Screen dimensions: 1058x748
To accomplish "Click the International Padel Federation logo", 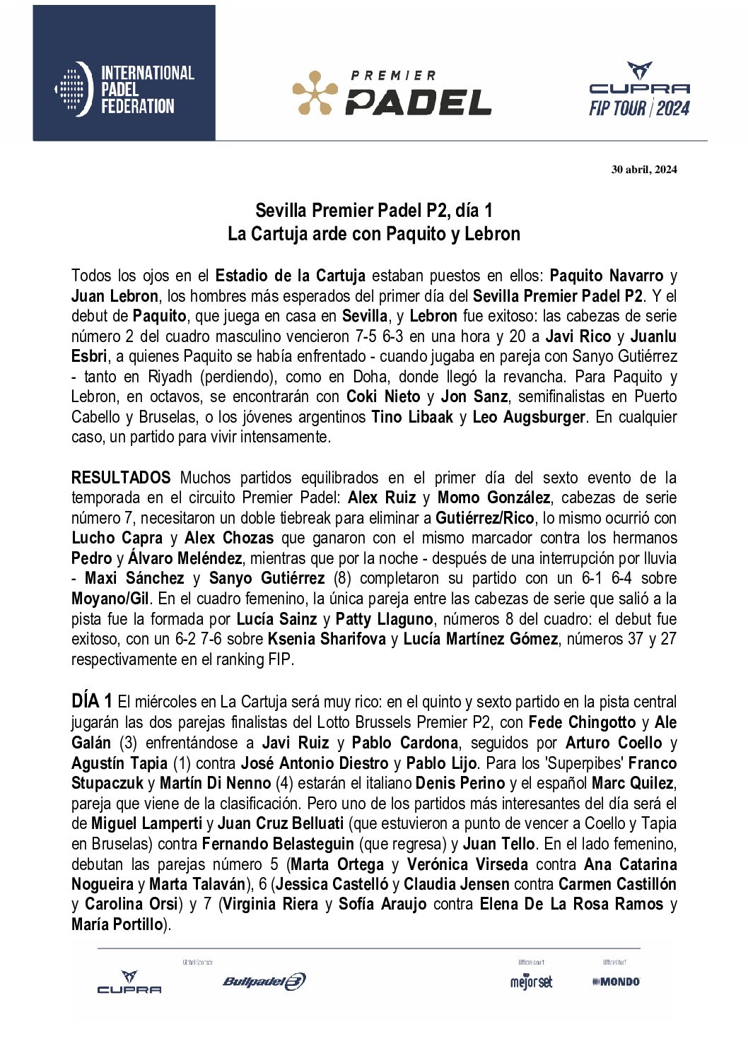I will (124, 89).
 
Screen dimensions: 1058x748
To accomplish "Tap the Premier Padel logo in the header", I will (392, 93).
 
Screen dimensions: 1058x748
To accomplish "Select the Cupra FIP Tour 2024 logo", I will (639, 90).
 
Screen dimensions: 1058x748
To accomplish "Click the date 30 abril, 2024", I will (643, 169).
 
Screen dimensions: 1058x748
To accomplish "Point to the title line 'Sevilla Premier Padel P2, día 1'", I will (373, 211).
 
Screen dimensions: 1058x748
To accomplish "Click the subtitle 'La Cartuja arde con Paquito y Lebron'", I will (373, 234).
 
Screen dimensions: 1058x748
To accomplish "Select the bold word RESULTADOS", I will (121, 478).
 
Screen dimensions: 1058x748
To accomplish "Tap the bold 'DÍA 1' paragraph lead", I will (91, 702).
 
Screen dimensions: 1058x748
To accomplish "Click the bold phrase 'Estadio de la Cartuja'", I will (290, 276).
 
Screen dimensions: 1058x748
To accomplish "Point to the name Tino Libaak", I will (412, 417).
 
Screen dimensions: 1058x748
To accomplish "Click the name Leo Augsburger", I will (528, 417).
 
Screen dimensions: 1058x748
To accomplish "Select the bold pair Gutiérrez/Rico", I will (484, 518).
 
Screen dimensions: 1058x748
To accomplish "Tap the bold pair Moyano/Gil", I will (110, 599).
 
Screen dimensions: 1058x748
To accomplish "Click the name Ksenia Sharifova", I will (327, 639).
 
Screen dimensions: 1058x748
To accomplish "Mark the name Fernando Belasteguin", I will (278, 844).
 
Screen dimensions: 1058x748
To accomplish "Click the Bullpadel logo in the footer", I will (264, 981).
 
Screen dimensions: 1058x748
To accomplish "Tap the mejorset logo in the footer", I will (531, 982).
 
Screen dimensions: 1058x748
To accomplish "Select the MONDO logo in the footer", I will (616, 982).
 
